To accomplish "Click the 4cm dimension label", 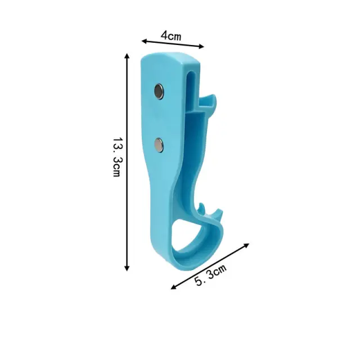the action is [171, 35].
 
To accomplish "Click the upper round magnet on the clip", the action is [159, 91].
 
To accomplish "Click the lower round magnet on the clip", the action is [159, 145].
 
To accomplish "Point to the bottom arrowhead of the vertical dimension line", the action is [127, 268].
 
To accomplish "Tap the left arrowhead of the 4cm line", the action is [144, 41].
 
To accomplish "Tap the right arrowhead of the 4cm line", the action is [201, 47].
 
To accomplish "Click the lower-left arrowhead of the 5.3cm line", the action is [173, 287].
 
